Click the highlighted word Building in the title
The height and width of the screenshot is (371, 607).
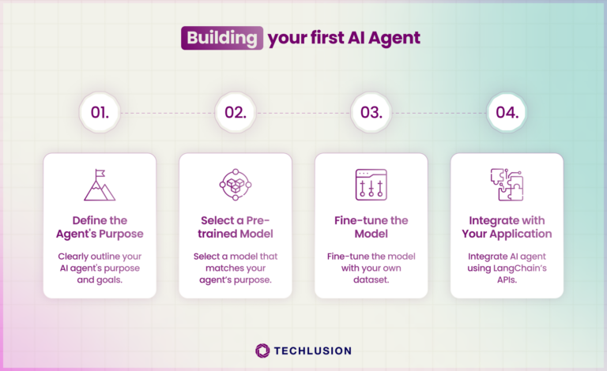221,38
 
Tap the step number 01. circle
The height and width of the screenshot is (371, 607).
100,112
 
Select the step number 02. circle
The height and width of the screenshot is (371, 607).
236,112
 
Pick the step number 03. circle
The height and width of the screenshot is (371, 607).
371,112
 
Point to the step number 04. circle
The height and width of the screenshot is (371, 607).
507,112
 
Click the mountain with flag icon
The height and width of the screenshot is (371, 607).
100,185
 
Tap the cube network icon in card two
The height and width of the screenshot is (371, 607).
236,185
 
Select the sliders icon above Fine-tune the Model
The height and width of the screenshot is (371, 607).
371,185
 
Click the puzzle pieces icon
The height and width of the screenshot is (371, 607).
507,185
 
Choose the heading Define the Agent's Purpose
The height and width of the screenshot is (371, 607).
100,227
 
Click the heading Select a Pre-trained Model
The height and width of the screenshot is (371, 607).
236,227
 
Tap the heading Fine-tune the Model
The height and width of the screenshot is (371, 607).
371,227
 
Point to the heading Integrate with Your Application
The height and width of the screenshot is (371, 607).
507,227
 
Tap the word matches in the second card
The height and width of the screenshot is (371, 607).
216,270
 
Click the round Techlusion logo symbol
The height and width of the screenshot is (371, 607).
263,350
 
